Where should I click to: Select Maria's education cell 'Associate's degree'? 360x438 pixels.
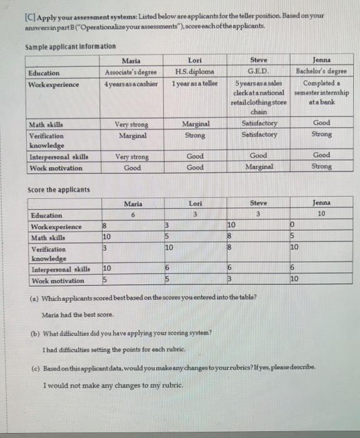(131, 73)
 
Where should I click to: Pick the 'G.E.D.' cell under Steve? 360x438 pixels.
(258, 73)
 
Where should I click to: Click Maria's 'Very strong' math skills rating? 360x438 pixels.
(131, 125)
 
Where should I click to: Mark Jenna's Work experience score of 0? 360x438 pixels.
(293, 226)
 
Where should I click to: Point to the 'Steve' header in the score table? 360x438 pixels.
(258, 203)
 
